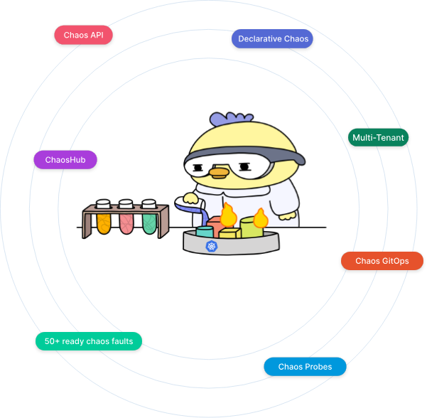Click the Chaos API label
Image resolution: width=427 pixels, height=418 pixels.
[84, 35]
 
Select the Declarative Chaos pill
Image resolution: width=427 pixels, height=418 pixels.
[273, 38]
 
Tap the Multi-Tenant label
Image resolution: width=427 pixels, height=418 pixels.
[378, 137]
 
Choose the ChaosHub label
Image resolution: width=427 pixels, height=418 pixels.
[65, 159]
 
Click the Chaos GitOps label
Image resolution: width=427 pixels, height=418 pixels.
[382, 261]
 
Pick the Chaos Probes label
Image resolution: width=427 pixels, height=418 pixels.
[305, 367]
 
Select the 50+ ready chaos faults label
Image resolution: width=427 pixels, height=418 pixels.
[89, 341]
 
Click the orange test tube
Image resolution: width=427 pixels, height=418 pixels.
[103, 223]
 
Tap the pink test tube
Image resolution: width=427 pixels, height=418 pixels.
[126, 223]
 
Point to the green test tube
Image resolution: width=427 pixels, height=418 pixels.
[148, 223]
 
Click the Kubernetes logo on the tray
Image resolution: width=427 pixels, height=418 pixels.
[211, 246]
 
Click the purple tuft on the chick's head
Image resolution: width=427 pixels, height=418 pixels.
[232, 117]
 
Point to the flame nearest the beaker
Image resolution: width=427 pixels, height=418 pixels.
[227, 214]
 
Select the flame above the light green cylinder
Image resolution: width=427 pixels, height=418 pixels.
[259, 216]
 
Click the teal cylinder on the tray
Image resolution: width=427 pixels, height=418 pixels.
[205, 232]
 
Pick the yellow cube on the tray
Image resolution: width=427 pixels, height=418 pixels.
[229, 233]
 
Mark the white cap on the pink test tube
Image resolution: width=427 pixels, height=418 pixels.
[126, 205]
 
